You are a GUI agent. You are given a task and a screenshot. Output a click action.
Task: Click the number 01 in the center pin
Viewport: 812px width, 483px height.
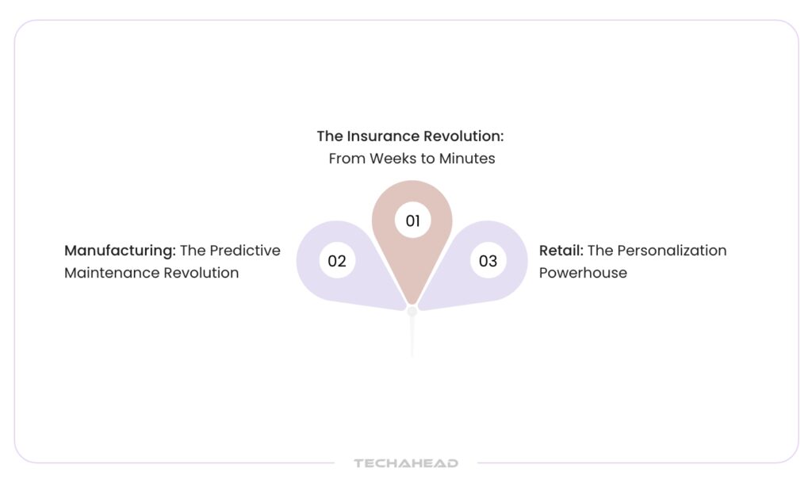point(412,221)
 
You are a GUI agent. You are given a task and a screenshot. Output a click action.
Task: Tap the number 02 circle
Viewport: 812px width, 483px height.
point(337,260)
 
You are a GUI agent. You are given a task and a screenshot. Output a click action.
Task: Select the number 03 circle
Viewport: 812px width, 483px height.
point(488,260)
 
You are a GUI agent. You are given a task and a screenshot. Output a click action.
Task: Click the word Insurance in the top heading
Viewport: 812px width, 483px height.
point(383,136)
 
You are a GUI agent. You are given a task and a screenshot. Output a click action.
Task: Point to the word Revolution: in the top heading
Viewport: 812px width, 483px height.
point(463,136)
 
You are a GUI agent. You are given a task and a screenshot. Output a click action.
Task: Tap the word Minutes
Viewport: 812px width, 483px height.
point(467,159)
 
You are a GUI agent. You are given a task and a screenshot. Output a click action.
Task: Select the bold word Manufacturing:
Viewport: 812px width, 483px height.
point(121,251)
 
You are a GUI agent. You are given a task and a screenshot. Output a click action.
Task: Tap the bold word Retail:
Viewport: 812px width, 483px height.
point(561,251)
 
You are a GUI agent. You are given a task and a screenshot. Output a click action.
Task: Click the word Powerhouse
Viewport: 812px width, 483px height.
point(583,273)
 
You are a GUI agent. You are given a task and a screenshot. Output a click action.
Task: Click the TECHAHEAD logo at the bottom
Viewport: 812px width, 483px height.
point(406,463)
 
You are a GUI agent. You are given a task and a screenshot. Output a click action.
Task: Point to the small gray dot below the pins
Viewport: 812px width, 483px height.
point(412,312)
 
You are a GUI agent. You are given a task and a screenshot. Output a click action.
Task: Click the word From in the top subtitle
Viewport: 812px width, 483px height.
point(347,159)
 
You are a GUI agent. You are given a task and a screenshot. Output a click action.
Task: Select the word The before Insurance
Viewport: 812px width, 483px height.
point(330,136)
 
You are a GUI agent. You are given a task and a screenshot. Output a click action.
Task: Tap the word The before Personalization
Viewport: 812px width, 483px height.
point(600,251)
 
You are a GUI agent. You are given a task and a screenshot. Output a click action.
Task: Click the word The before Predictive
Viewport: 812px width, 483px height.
point(193,251)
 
